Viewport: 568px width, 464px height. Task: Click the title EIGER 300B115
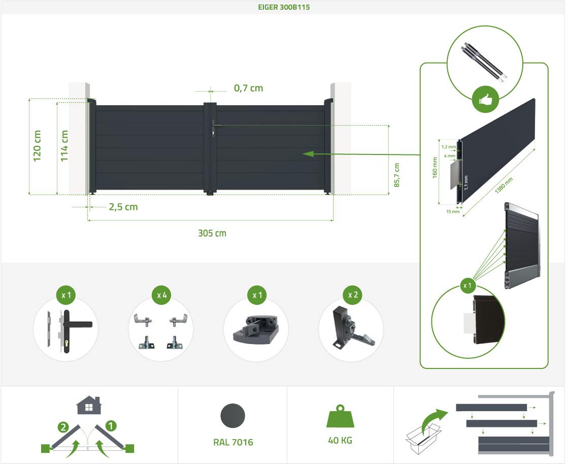coord(284,7)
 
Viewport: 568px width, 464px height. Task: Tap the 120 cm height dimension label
coord(37,146)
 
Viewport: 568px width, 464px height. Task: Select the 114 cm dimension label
coord(64,146)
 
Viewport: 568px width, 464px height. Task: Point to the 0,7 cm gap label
coord(248,88)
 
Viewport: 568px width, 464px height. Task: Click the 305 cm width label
coord(212,233)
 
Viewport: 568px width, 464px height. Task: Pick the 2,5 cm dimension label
coord(123,207)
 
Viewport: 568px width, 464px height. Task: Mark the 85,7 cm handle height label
coord(396,175)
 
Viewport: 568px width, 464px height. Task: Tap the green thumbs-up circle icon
coord(485,100)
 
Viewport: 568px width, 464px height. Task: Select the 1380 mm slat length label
coord(504,185)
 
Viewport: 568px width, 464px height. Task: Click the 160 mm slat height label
coord(435,168)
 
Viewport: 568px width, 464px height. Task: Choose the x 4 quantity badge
coord(161,295)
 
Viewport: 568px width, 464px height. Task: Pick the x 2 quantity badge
coord(353,295)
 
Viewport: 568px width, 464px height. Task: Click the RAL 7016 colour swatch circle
coord(232,416)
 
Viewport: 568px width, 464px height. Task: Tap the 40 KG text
coord(340,441)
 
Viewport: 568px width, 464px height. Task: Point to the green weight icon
coord(340,416)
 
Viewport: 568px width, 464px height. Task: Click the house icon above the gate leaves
coord(89,405)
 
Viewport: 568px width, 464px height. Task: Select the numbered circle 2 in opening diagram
coord(63,427)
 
